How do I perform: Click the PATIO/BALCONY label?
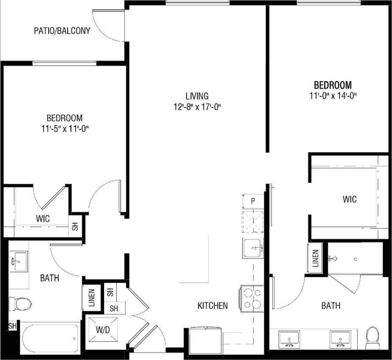tap(62, 31)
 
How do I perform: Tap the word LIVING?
tap(197, 96)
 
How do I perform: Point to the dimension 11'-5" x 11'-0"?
tap(65, 129)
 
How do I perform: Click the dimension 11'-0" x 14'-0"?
tap(332, 96)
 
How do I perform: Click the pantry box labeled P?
tap(252, 201)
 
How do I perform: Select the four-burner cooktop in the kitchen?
tap(252, 297)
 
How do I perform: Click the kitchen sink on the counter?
tap(252, 248)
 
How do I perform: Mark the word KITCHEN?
tap(213, 305)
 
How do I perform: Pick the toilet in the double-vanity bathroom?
tap(372, 336)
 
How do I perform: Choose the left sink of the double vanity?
tap(289, 339)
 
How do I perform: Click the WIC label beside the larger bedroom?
tap(349, 199)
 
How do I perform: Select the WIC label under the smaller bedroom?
tap(43, 219)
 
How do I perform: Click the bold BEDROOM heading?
tap(332, 84)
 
